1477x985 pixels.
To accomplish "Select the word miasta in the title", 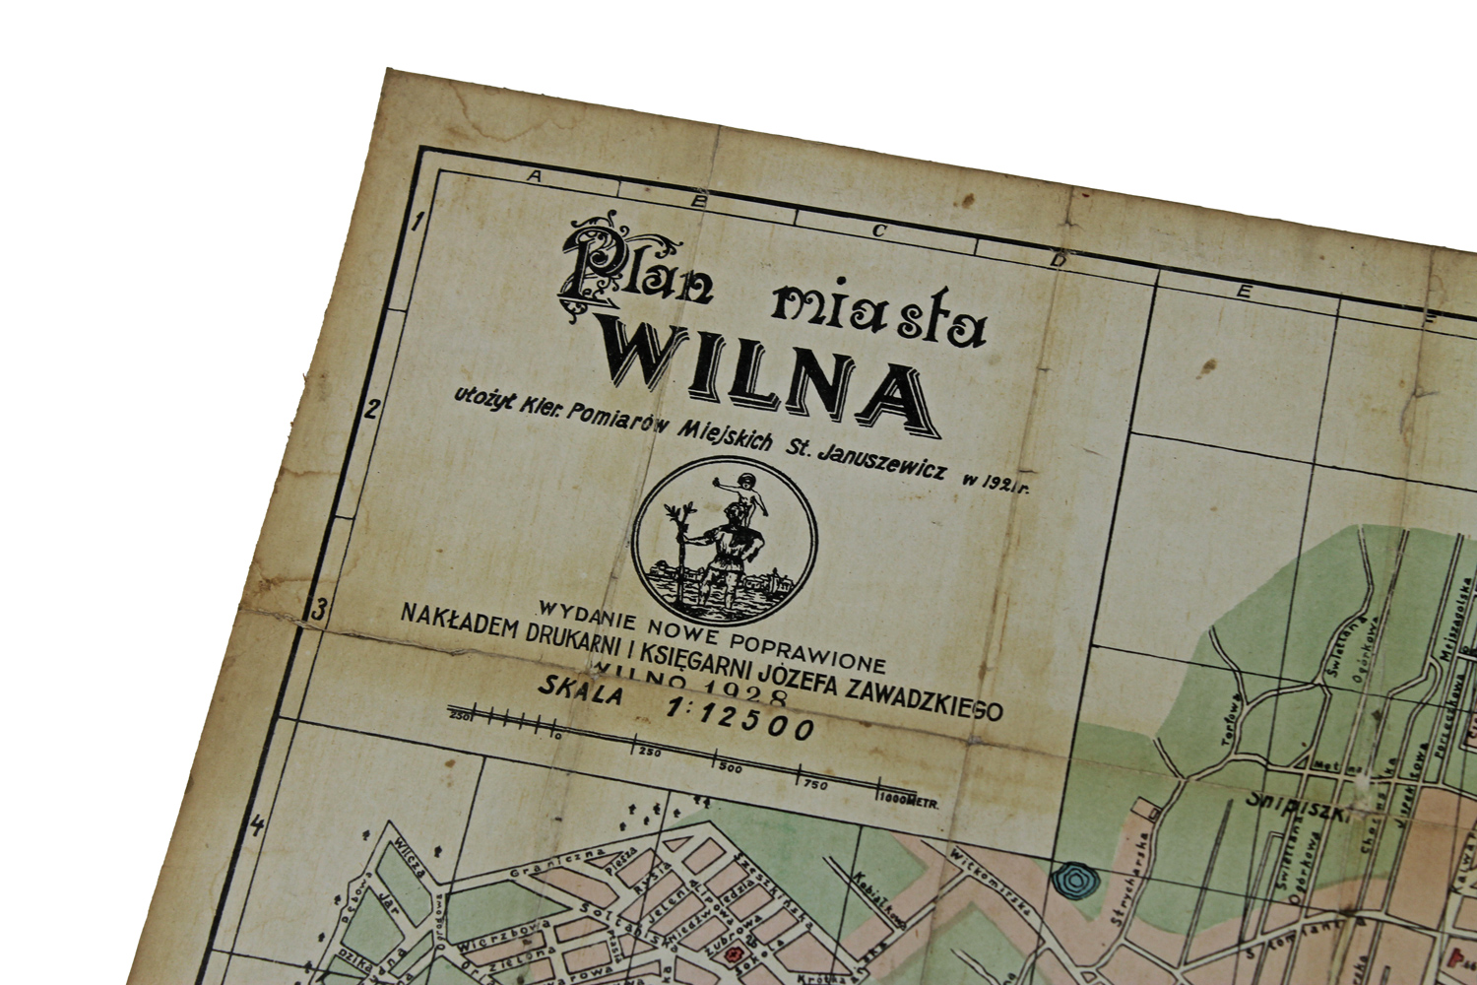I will (x=878, y=317).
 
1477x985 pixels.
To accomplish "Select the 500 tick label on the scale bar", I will (x=731, y=767).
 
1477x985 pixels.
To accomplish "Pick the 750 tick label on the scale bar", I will (x=814, y=784).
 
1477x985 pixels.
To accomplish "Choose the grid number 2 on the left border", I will (x=371, y=408).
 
